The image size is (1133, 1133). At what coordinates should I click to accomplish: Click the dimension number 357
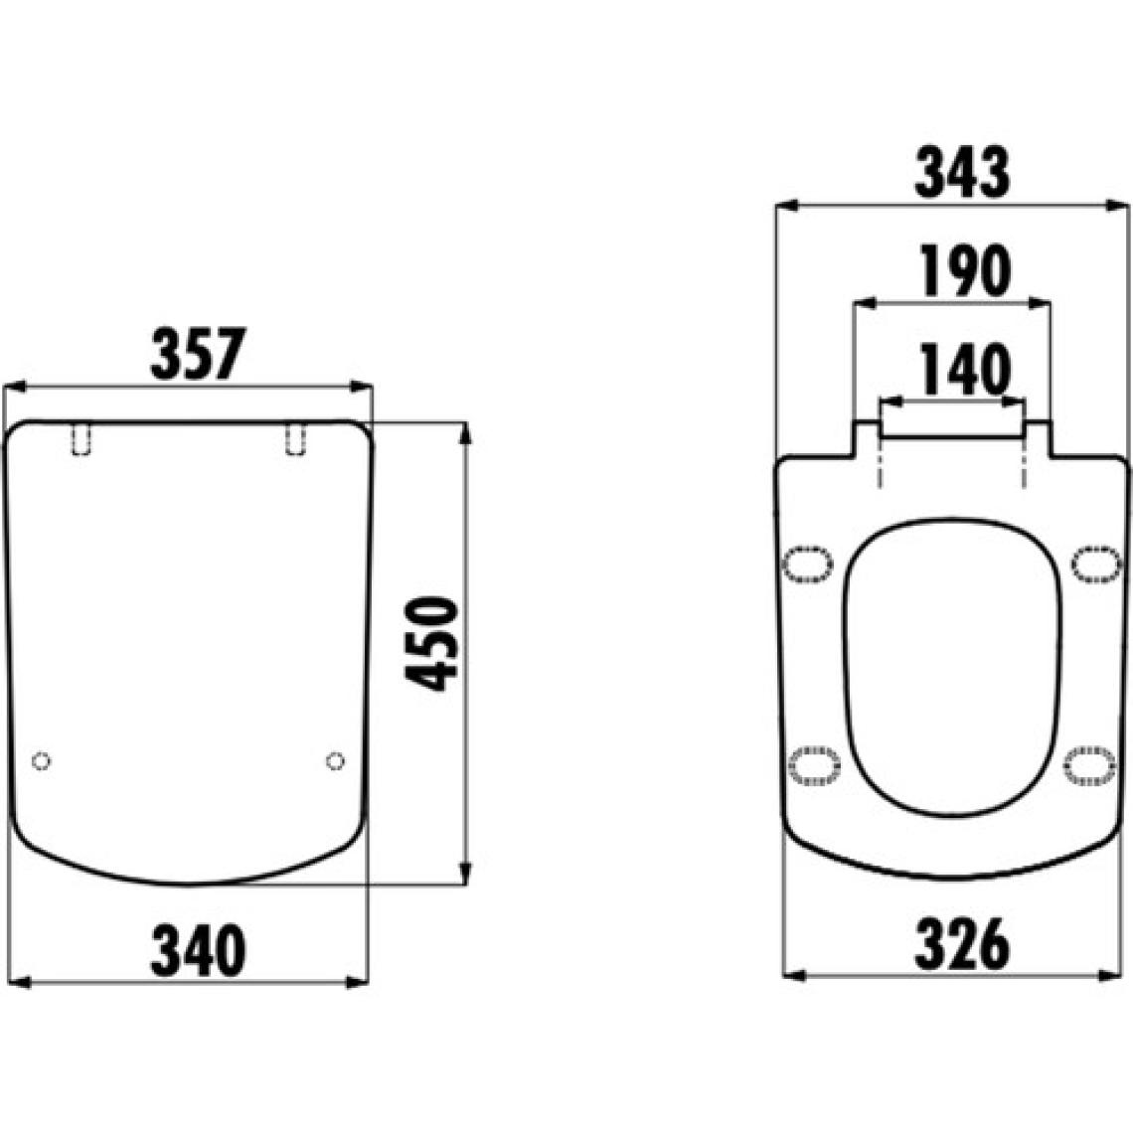(199, 354)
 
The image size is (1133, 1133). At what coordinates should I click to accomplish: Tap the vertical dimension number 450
(431, 644)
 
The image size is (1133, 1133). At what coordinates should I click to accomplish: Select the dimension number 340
(198, 951)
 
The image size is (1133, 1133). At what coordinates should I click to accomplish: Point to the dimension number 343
(962, 172)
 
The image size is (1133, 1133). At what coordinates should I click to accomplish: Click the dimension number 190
(965, 271)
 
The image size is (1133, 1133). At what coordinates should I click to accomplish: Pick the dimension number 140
(963, 370)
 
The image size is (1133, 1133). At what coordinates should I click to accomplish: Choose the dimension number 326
(962, 944)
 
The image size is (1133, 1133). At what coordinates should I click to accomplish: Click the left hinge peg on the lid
(81, 439)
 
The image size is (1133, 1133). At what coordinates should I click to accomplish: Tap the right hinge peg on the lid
(295, 439)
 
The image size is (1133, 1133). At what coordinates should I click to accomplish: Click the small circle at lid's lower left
(41, 761)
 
